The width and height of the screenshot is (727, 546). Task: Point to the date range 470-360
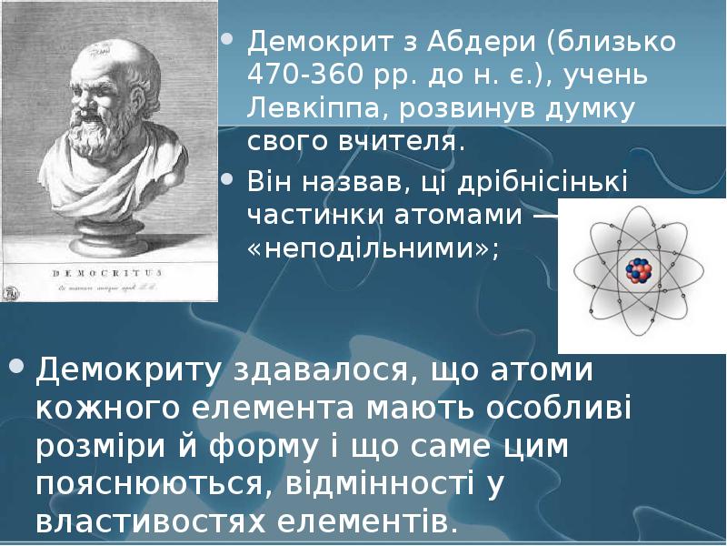click(303, 76)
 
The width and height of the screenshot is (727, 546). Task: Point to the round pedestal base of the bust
click(109, 236)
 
